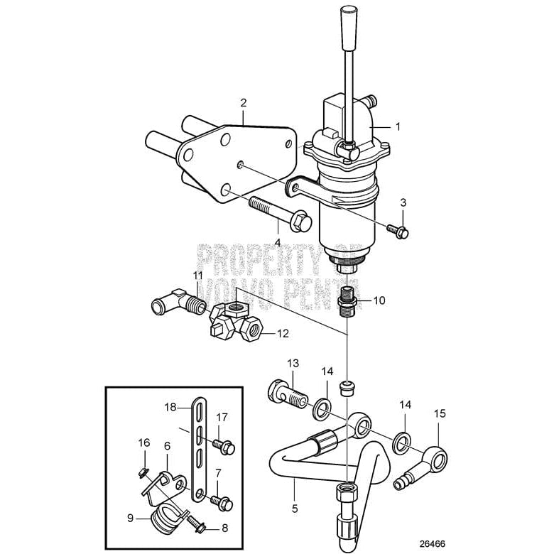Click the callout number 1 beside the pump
click(x=398, y=126)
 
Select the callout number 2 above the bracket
click(x=243, y=103)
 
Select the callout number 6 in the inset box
click(x=168, y=445)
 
